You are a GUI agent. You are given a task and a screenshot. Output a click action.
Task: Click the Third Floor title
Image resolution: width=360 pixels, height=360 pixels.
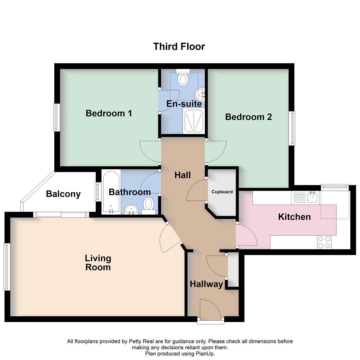[x=179, y=46]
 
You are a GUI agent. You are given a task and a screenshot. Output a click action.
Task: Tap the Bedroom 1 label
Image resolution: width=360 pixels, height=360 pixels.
[x=109, y=113]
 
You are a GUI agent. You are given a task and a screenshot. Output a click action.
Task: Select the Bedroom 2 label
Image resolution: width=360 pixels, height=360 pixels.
[x=248, y=117]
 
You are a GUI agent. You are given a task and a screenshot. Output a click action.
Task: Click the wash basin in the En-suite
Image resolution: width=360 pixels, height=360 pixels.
[x=201, y=94]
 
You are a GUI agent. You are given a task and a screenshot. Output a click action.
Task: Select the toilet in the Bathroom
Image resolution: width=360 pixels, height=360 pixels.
[x=148, y=205]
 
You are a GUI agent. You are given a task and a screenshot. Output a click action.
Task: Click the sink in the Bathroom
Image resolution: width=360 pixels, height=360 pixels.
[x=131, y=210]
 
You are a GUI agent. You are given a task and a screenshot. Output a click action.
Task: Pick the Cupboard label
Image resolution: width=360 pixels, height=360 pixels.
[x=222, y=192]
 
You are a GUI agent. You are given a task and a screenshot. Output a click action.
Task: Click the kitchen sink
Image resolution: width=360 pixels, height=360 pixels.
[x=312, y=198]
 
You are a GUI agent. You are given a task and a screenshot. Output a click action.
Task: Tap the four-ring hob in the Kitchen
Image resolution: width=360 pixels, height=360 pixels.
[x=324, y=242]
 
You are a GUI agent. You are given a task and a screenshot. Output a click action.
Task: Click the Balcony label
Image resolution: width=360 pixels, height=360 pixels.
[x=63, y=194]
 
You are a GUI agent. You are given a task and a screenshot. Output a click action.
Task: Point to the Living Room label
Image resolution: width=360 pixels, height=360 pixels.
[x=98, y=263]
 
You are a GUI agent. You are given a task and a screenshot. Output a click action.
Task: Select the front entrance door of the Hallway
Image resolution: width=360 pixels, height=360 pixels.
[x=210, y=321]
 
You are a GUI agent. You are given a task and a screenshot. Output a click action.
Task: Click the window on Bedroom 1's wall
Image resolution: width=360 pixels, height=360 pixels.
[x=57, y=117]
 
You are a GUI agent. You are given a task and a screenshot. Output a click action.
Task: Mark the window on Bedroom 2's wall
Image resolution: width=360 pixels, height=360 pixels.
[x=292, y=128]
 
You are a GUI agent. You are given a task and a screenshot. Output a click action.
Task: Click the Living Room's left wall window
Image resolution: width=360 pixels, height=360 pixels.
[x=6, y=267]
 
